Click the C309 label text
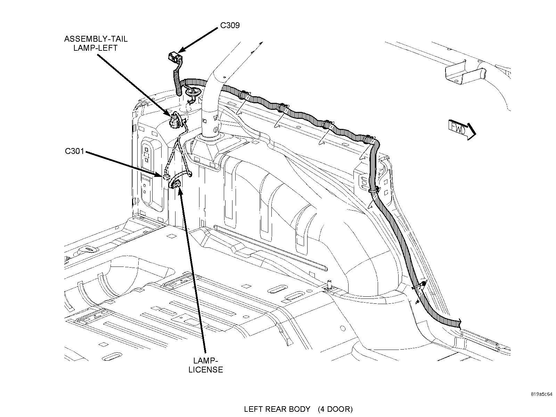point(230,25)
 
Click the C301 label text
point(74,152)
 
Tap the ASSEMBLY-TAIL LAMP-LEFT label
point(96,43)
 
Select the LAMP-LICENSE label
point(205,365)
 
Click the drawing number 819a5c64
point(541,394)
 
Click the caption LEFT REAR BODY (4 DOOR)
point(298,409)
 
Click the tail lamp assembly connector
point(173,120)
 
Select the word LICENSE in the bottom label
point(205,370)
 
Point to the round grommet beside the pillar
point(192,92)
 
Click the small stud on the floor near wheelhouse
point(328,285)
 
